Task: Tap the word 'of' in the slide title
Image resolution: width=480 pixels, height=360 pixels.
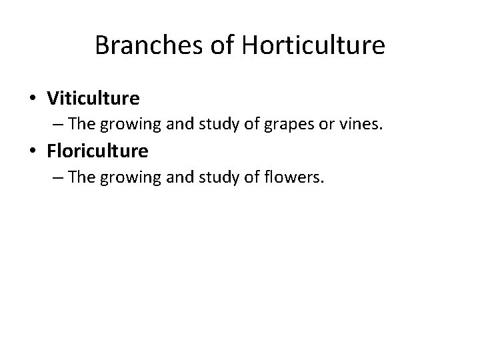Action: [x=213, y=45]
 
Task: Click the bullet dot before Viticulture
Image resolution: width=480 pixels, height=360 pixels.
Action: [x=33, y=99]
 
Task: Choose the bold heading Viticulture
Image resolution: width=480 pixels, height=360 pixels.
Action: [x=93, y=99]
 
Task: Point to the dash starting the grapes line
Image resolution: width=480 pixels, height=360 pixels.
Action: [x=59, y=125]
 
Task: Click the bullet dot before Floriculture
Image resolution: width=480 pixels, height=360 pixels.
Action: [x=33, y=152]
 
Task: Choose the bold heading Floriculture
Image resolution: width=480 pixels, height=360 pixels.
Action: [x=97, y=151]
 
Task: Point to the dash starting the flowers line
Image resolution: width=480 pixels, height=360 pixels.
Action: [x=59, y=177]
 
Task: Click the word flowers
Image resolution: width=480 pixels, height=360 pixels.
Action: [x=298, y=178]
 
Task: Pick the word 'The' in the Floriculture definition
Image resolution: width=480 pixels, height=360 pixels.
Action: [x=82, y=178]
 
